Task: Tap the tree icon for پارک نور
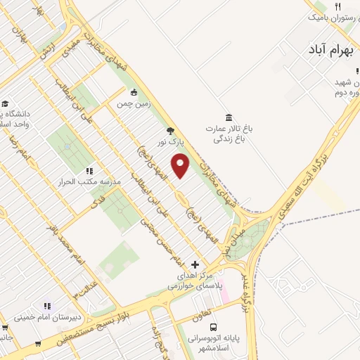169,130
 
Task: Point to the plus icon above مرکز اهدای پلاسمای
195,264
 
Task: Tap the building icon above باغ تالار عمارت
228,118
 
